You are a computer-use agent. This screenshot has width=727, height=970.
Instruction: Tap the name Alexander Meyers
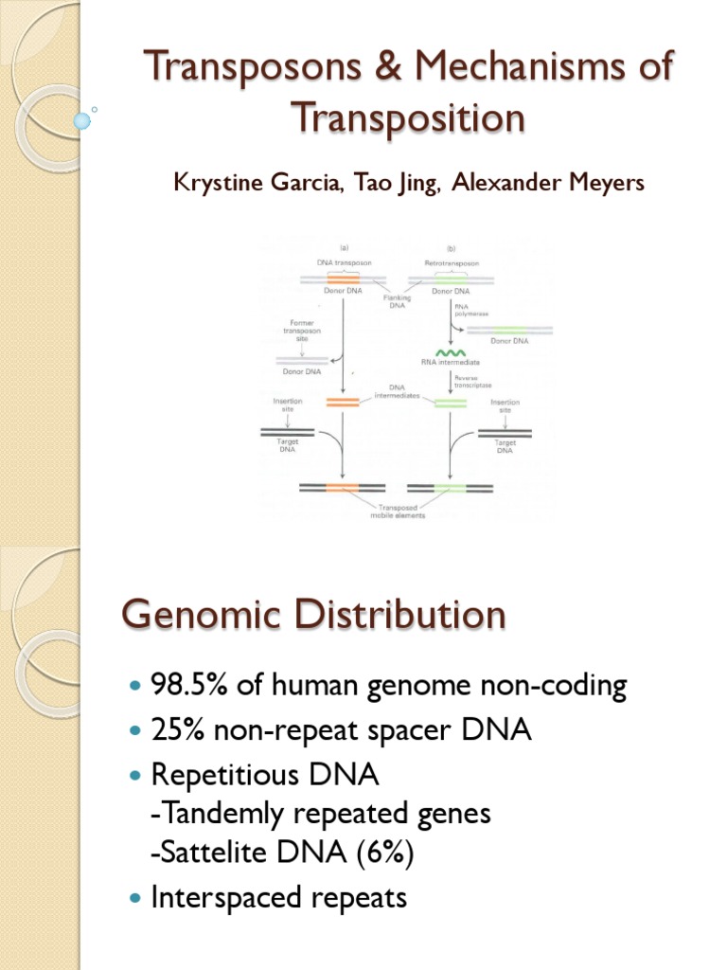[x=548, y=182]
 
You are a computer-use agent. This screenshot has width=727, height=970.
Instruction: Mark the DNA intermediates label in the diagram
[x=396, y=393]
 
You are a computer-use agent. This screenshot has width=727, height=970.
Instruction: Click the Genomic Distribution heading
[x=313, y=616]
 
